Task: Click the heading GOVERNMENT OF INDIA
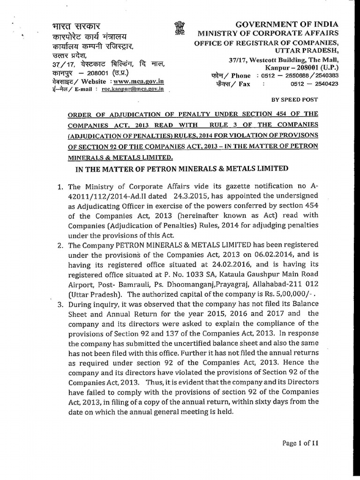[x=286, y=24]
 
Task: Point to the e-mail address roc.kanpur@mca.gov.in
[x=133, y=89]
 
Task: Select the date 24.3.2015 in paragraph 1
[x=210, y=196]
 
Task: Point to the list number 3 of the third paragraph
[x=60, y=304]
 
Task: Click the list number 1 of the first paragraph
[x=60, y=187]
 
